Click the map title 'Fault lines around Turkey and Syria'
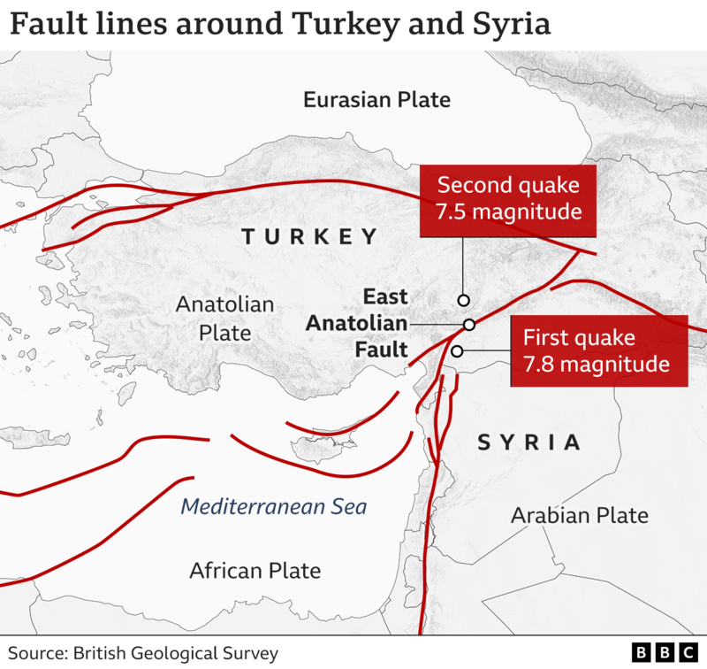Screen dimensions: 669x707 click(x=279, y=24)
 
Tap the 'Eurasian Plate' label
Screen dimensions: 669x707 click(x=376, y=99)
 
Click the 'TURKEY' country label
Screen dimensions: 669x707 click(x=309, y=237)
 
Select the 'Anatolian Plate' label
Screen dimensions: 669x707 click(x=213, y=319)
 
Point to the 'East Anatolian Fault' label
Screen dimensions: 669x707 click(x=357, y=323)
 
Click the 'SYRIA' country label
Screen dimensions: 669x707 click(x=529, y=442)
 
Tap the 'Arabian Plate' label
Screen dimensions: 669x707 click(x=580, y=515)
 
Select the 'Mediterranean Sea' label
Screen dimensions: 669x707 click(x=273, y=507)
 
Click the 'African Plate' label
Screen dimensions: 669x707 click(x=255, y=571)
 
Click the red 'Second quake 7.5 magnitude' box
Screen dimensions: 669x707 click(x=508, y=199)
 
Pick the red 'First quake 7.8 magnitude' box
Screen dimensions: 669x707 click(x=599, y=350)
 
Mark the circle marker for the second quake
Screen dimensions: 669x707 click(x=463, y=300)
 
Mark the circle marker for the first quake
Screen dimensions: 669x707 click(x=457, y=351)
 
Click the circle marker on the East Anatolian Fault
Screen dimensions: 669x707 click(x=469, y=325)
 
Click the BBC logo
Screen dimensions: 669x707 click(x=665, y=653)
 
